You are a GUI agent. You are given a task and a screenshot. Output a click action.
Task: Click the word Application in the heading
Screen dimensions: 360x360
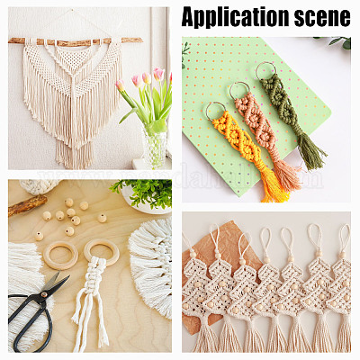point(236,16)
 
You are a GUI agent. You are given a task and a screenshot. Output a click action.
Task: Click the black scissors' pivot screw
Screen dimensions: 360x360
point(44,295)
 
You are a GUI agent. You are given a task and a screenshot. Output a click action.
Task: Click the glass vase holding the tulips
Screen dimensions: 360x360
point(154,146)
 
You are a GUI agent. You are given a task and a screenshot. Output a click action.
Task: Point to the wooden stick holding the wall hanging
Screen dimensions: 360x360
point(75,41)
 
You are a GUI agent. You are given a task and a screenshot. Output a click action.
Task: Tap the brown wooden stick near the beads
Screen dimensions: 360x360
point(28,205)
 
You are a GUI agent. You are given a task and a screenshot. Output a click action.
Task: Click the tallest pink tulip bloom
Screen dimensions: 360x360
point(158,74)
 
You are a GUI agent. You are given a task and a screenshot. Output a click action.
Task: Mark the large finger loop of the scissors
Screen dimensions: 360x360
point(30,324)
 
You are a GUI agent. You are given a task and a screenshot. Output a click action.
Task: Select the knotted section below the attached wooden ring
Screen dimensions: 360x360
point(95,276)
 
